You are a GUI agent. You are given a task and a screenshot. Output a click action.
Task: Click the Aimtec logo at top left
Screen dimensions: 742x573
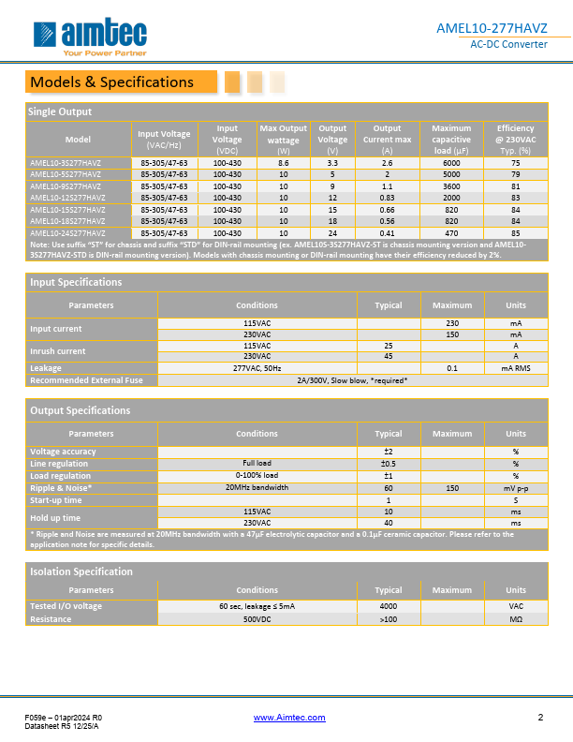88,37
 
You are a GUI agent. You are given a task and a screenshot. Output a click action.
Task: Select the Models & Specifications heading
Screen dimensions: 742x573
111,82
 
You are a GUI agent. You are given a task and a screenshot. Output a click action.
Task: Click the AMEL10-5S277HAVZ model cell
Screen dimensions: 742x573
66,174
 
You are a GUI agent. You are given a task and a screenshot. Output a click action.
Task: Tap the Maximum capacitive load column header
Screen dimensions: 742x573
451,140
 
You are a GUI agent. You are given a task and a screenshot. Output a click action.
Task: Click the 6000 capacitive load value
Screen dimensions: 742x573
451,163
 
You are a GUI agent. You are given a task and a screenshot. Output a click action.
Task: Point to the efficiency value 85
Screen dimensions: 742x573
515,232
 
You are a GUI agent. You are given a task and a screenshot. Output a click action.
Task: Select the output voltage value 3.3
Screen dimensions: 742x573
332,163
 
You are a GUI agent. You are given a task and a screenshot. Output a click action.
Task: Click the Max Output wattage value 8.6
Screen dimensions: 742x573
283,163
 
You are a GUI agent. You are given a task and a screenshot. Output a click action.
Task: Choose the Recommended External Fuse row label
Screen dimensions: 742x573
86,380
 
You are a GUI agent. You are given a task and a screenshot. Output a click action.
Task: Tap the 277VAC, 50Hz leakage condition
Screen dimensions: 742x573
257,368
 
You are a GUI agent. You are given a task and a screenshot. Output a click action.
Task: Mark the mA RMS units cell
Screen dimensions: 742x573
515,368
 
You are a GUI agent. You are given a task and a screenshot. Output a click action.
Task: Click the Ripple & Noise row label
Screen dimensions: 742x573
62,488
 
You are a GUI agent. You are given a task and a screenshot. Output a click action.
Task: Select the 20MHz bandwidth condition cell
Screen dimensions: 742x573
257,488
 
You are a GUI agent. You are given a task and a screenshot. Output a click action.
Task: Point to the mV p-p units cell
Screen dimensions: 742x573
515,488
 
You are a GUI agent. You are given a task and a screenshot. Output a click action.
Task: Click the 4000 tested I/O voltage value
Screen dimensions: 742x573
389,607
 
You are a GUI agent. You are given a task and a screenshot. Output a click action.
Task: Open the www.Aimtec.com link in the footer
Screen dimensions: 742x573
289,718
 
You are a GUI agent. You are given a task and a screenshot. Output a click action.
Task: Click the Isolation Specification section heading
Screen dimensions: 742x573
81,571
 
